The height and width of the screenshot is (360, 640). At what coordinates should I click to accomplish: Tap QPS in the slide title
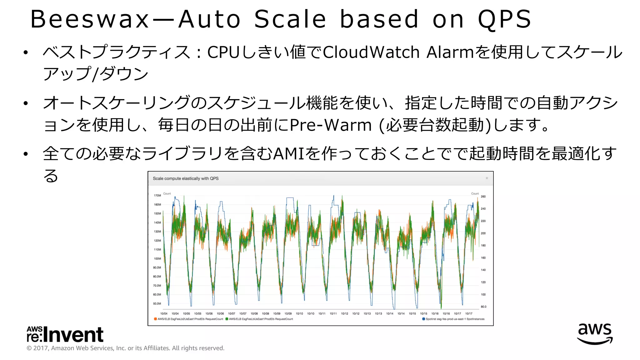[504, 19]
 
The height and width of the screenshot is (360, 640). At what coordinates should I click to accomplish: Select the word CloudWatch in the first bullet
[371, 52]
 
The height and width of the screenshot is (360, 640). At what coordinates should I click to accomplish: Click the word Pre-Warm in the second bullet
[331, 125]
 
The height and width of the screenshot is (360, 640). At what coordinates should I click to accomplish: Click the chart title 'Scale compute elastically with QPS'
[186, 178]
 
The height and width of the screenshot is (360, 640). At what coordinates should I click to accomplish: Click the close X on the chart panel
[487, 178]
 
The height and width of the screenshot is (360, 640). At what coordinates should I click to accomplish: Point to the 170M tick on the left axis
[157, 196]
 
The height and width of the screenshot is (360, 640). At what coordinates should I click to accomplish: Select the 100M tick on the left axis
[157, 259]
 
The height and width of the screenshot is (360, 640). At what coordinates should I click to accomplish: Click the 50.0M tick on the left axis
[157, 304]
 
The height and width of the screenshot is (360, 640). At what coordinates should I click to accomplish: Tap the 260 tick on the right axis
[483, 197]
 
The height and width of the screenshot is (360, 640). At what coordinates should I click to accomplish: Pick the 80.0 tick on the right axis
[483, 307]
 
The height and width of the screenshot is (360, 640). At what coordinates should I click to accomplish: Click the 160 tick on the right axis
[483, 258]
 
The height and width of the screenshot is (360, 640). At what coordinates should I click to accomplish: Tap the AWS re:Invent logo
[65, 334]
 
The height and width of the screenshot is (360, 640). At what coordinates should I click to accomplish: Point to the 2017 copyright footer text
[125, 348]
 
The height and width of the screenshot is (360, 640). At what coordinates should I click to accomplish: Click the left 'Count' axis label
[167, 194]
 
